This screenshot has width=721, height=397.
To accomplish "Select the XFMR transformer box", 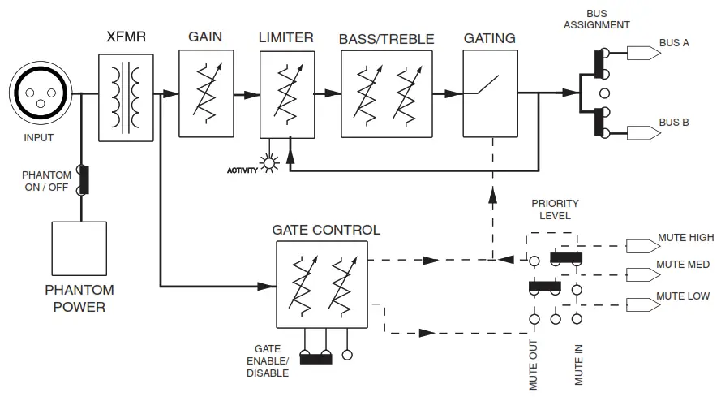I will (126, 95).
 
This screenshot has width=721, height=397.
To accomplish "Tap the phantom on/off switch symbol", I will (82, 180).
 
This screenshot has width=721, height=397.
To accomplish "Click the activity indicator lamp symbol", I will (268, 164).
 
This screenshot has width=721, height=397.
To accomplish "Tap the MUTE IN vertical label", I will (578, 365).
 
